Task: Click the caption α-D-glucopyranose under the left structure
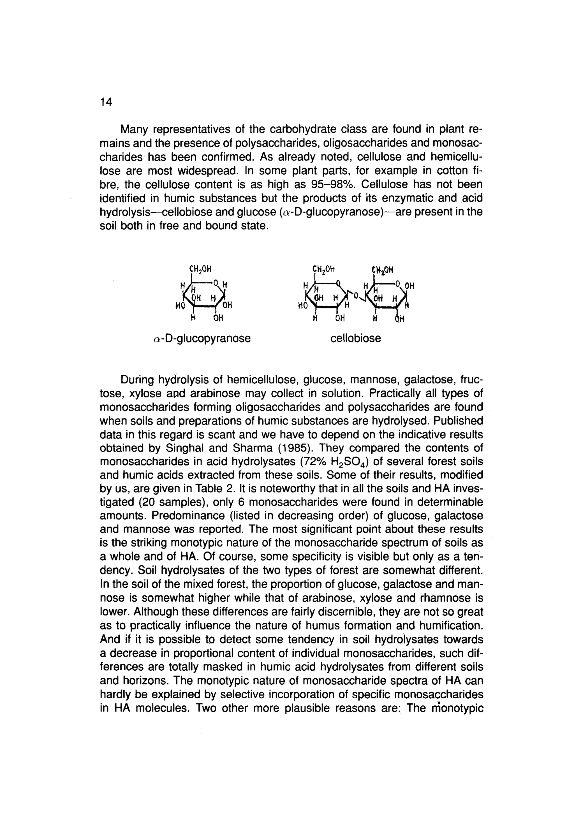tap(202, 338)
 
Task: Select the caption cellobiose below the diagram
tap(355, 338)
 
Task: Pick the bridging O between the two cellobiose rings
tap(355, 295)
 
